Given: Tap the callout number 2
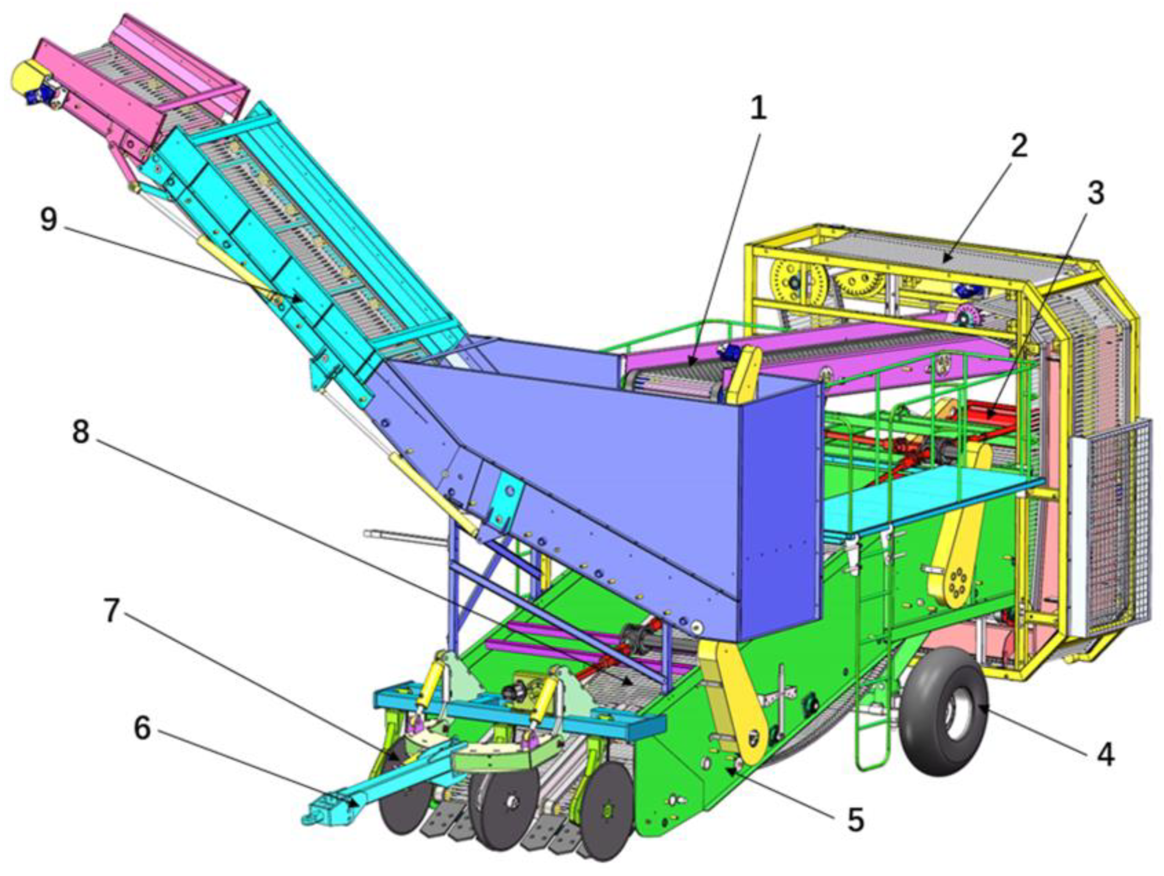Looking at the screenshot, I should click(x=1018, y=146).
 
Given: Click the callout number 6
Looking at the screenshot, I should click(x=142, y=729).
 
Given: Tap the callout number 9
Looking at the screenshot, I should click(x=49, y=219).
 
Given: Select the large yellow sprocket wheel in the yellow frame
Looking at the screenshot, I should click(x=795, y=285).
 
